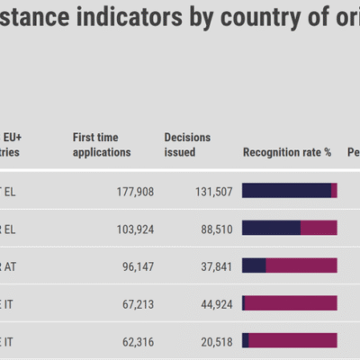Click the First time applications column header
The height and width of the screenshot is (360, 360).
(x=102, y=145)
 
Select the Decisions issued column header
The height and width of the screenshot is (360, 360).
(x=187, y=145)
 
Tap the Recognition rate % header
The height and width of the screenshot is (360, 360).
(x=287, y=152)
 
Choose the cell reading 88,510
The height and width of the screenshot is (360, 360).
(x=215, y=229)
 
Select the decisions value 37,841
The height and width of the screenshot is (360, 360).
(x=215, y=266)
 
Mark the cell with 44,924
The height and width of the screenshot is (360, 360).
(x=215, y=304)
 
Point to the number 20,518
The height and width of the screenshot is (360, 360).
(x=215, y=342)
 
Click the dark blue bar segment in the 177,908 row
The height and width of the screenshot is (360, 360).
(x=286, y=190)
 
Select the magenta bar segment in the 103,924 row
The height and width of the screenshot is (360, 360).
(x=319, y=228)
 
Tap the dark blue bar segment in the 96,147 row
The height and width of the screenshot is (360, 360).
(x=254, y=265)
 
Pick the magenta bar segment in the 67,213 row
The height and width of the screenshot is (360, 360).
(x=291, y=303)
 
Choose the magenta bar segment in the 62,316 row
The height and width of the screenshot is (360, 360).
(x=292, y=340)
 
